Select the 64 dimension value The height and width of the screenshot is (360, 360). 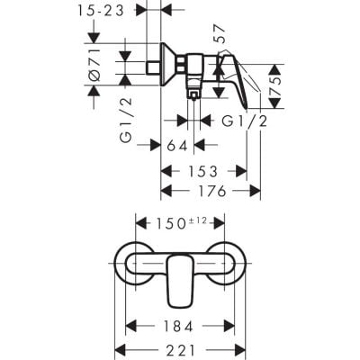[178, 144]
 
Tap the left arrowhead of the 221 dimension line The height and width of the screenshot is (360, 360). [119, 349]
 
